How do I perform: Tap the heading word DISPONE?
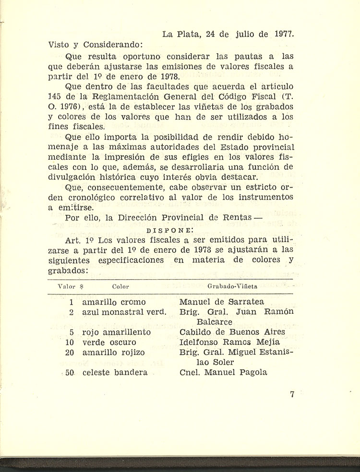166,230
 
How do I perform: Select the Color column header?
120,287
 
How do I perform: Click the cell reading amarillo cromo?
114,302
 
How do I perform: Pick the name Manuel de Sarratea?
221,302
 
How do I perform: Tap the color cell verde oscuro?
109,342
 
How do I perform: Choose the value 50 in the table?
70,373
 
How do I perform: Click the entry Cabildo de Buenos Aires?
232,332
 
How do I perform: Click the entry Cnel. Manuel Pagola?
223,373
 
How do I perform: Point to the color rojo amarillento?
117,332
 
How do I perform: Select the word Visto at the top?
60,46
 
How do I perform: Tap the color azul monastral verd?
124,312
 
